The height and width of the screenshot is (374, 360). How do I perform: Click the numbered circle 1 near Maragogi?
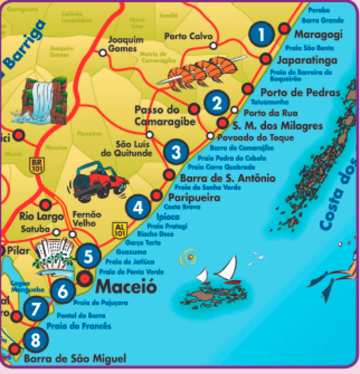point(262,35)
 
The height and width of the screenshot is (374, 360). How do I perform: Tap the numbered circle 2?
point(217,102)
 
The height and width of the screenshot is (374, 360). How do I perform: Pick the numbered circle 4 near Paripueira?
point(138,206)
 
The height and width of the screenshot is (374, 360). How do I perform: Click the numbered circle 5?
point(88,256)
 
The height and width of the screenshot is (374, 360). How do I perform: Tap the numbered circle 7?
point(36,309)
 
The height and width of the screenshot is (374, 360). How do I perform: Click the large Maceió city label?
point(126,286)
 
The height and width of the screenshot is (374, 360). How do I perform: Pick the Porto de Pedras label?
point(300,93)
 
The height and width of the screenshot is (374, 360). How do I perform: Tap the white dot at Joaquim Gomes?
point(102,53)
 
